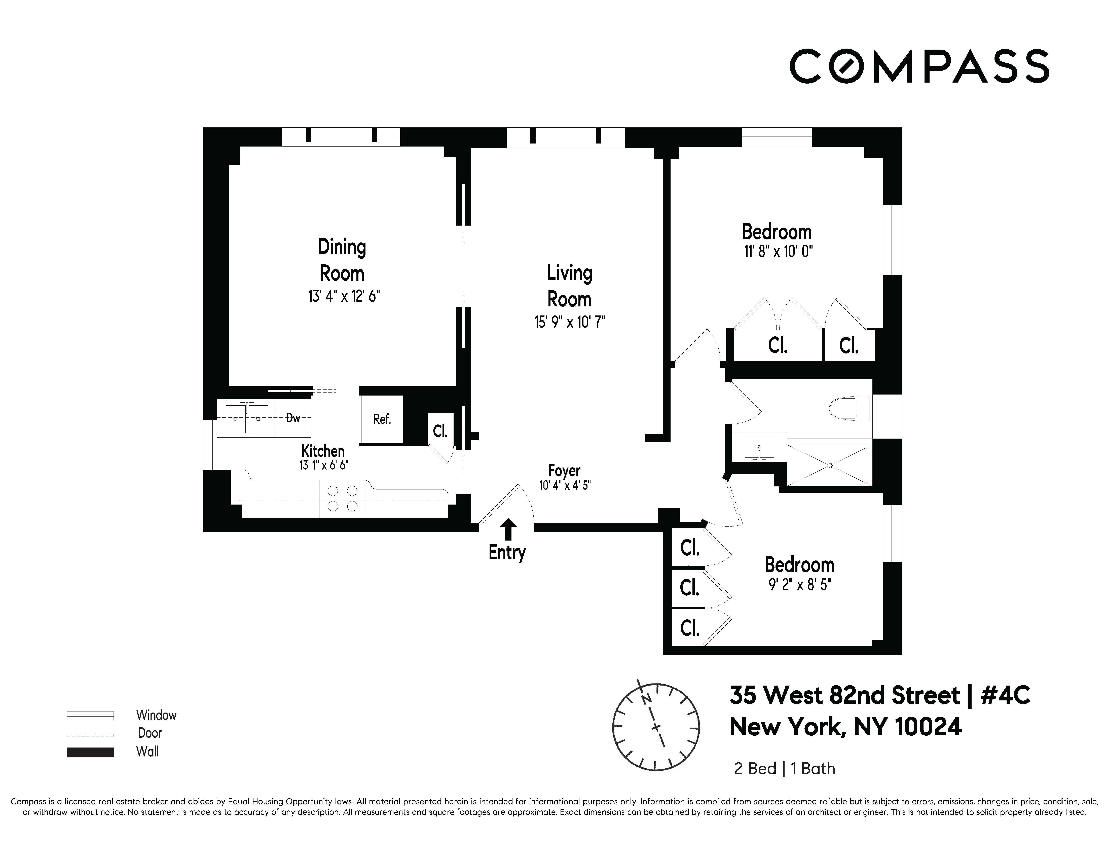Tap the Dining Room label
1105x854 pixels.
point(342,260)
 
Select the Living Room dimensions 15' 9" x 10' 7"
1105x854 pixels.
point(570,322)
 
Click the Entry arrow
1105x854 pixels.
point(508,530)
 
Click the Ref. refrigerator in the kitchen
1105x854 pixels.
point(382,419)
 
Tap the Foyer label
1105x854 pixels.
point(564,471)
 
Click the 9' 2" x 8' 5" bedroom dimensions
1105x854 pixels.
point(799,585)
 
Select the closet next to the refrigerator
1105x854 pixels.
point(440,431)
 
